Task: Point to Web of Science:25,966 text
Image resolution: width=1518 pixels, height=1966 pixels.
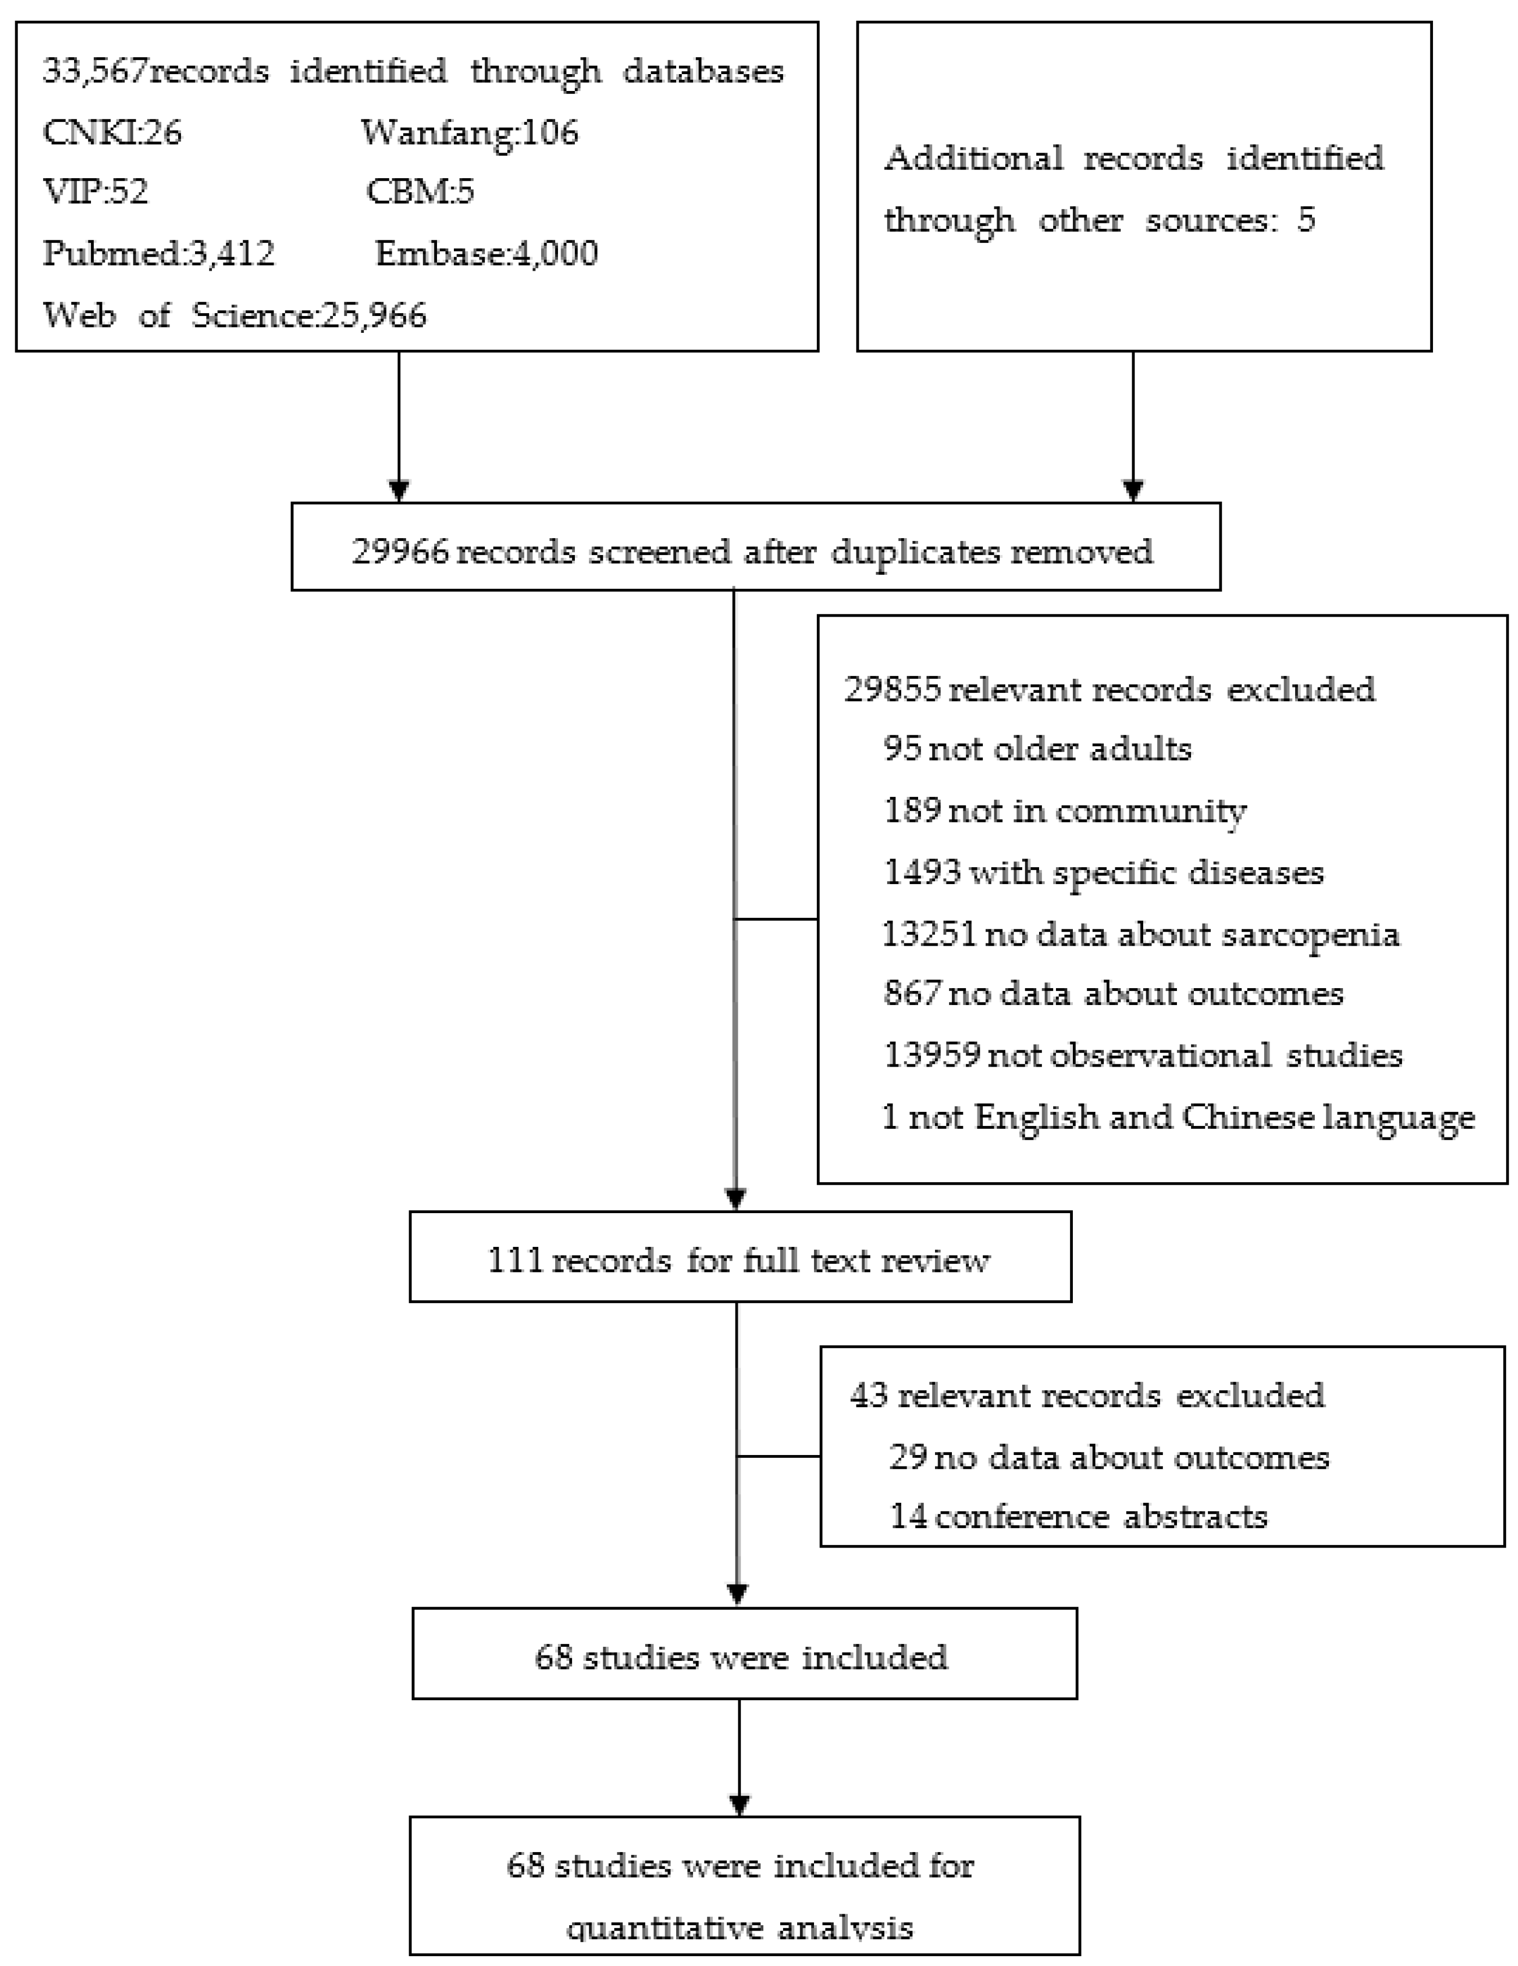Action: point(234,315)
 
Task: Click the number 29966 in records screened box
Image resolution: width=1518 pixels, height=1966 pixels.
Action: point(399,551)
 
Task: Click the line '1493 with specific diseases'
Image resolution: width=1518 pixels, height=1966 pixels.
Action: point(1103,872)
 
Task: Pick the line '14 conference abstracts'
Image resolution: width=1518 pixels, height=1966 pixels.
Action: point(1078,1517)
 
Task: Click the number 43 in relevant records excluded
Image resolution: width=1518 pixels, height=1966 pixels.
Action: point(869,1395)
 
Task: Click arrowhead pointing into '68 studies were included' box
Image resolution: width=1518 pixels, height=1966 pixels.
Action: point(737,1594)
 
